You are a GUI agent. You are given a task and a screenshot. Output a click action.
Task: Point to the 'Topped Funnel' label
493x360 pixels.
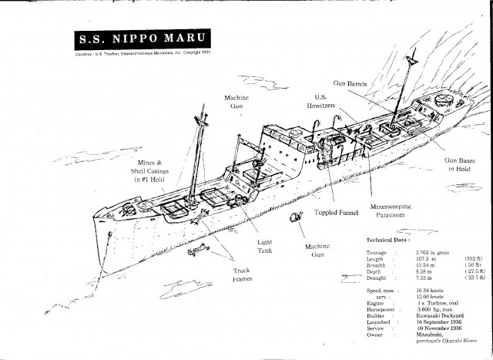click(x=339, y=212)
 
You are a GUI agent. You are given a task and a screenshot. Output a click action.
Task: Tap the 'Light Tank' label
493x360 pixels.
click(x=264, y=247)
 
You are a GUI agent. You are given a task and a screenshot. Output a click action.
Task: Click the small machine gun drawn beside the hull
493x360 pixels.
click(x=296, y=220)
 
